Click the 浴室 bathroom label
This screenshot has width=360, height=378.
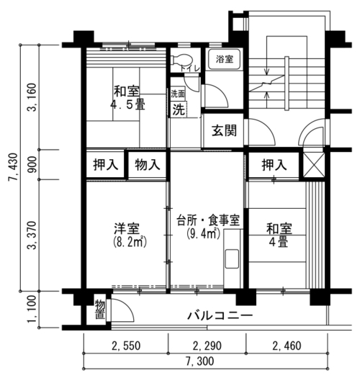click(x=225, y=59)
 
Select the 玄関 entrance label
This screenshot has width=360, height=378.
click(x=224, y=130)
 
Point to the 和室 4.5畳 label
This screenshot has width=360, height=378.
click(x=127, y=98)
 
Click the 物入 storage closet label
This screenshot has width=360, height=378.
click(x=148, y=165)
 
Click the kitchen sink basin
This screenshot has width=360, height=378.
click(x=232, y=259)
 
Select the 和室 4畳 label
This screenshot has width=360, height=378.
click(x=279, y=235)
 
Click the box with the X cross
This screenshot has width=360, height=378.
click(x=313, y=165)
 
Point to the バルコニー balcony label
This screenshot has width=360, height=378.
click(x=220, y=315)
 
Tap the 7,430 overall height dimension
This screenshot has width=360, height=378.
click(x=13, y=167)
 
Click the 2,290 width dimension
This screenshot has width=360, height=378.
click(x=207, y=346)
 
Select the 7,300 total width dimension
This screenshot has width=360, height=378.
click(x=199, y=361)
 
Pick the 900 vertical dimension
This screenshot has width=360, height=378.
click(x=32, y=165)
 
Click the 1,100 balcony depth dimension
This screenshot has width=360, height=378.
click(x=32, y=310)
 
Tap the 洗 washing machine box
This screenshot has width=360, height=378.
click(x=179, y=109)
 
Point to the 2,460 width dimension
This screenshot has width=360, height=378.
click(x=287, y=346)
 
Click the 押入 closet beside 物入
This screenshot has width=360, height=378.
click(x=106, y=165)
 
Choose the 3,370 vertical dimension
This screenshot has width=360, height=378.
click(x=32, y=235)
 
